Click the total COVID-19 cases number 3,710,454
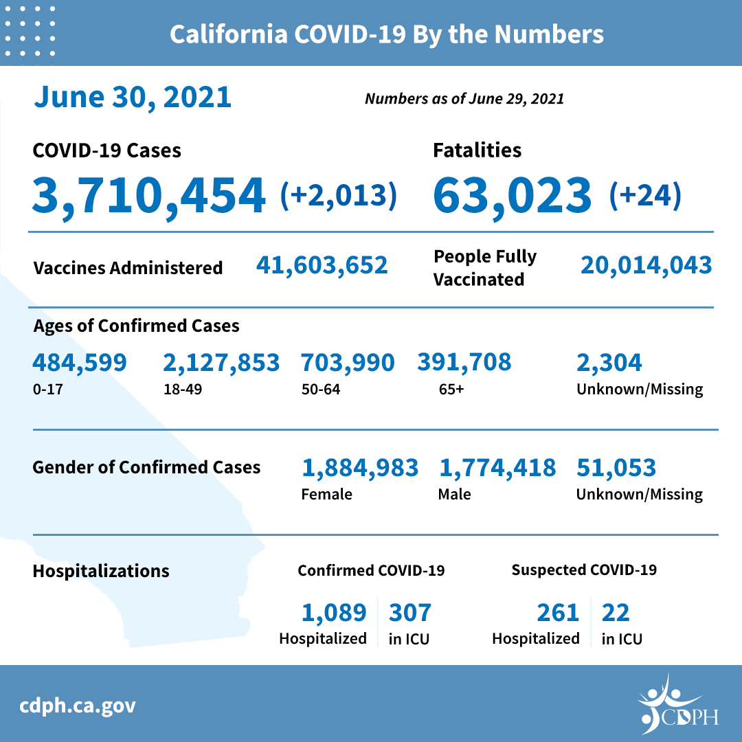pos(148,194)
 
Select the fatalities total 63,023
pos(512,194)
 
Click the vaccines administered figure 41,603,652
pos(322,265)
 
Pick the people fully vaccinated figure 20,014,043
pos(646,265)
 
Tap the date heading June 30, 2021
pos(133,97)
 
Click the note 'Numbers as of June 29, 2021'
pos(464,99)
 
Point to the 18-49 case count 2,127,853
pos(221,362)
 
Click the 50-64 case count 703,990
pos(348,362)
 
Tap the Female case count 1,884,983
pos(360,468)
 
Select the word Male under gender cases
pos(454,494)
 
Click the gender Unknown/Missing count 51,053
pos(616,468)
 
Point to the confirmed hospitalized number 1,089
pos(334,611)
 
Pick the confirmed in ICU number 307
pos(410,611)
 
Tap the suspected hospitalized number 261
pos(557,611)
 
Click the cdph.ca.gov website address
pos(78,706)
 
